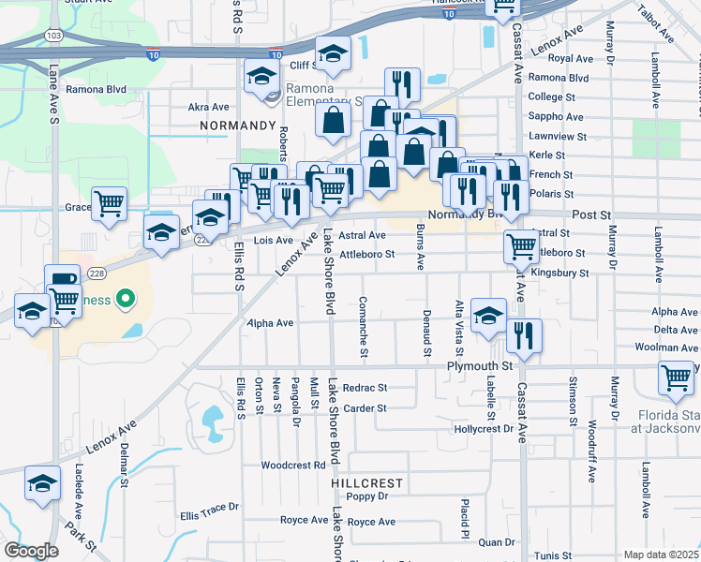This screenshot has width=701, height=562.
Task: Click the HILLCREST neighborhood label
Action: [x=366, y=482]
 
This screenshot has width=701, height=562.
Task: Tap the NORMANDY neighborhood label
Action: [x=238, y=125]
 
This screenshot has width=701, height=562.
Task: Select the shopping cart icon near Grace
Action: [x=110, y=203]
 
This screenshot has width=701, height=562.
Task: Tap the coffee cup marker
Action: [x=62, y=280]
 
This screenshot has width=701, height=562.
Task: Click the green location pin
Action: [x=123, y=300]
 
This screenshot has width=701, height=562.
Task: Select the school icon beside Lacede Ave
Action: [x=42, y=482]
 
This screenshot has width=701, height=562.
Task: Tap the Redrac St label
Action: [x=365, y=388]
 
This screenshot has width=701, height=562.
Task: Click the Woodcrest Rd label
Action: [x=293, y=465]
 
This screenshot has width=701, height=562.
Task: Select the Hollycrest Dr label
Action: [x=484, y=429]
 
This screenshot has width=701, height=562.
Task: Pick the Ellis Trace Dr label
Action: [x=210, y=510]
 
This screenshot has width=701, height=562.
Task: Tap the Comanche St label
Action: [x=363, y=328]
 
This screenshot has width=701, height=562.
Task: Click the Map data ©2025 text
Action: [x=662, y=555]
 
